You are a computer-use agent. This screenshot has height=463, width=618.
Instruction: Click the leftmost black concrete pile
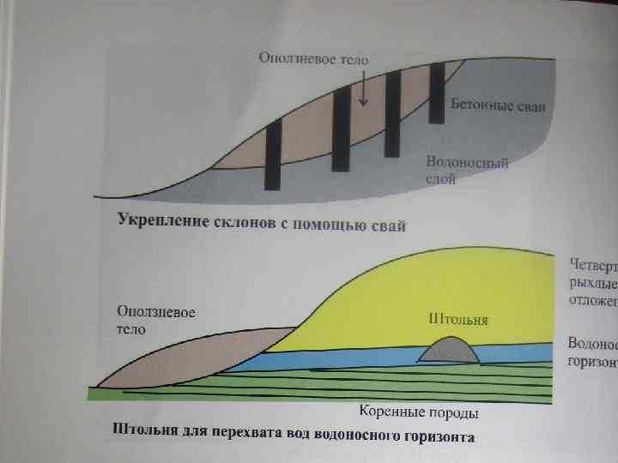[x=273, y=154]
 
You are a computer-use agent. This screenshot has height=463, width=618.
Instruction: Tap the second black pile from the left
[x=341, y=129]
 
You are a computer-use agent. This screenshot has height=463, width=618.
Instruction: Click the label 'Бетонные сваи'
[x=499, y=105]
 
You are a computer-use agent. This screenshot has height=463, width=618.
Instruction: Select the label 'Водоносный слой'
[x=467, y=171]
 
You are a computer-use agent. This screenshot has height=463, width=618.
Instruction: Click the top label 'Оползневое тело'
[x=314, y=59]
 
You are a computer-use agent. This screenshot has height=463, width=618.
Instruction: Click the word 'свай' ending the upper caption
[x=388, y=225]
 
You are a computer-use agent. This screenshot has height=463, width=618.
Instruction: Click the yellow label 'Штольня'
[x=458, y=319]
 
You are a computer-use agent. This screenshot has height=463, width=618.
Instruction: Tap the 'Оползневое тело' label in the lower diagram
[x=157, y=321]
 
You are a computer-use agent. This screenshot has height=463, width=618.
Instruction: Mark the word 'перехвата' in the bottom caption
[x=240, y=434]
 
